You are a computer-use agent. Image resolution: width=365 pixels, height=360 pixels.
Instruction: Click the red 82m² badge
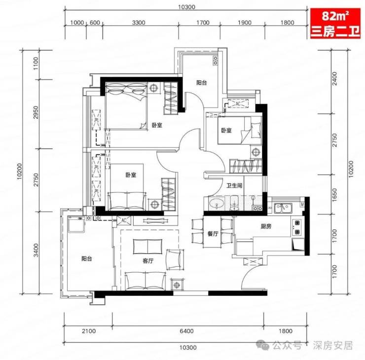(335, 24)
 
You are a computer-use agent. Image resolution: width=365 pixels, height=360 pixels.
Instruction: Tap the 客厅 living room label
(148, 261)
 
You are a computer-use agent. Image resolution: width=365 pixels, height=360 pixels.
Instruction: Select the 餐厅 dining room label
(213, 234)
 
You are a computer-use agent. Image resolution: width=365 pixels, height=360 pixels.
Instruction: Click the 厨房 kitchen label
(266, 226)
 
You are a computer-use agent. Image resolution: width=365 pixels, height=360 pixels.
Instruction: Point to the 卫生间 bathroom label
(234, 185)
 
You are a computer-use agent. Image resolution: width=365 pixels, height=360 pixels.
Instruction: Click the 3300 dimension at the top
(139, 23)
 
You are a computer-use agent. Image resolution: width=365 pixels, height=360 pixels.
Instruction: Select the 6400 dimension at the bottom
(186, 331)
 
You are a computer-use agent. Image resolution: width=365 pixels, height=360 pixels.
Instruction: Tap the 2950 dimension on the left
(36, 112)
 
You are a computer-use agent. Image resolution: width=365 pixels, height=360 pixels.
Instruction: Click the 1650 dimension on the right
(334, 195)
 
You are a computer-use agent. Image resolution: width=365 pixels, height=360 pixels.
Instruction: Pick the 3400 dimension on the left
(36, 251)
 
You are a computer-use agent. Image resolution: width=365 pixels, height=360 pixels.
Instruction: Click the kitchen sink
(283, 208)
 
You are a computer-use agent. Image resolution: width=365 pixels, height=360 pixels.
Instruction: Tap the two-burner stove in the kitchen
(297, 227)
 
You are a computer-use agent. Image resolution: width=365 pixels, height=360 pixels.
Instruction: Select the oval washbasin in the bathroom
(217, 204)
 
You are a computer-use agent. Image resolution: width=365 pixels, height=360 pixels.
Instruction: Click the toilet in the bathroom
(234, 203)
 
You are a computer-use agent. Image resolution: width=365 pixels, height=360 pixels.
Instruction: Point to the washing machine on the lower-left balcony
(76, 224)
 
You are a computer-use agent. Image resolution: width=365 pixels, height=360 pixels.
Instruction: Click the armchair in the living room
(175, 259)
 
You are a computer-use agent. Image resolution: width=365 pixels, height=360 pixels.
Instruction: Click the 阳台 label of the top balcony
(201, 83)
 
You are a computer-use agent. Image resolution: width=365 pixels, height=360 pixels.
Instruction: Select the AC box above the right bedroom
(238, 104)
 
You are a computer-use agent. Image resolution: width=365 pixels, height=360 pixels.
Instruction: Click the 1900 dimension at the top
(245, 23)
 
